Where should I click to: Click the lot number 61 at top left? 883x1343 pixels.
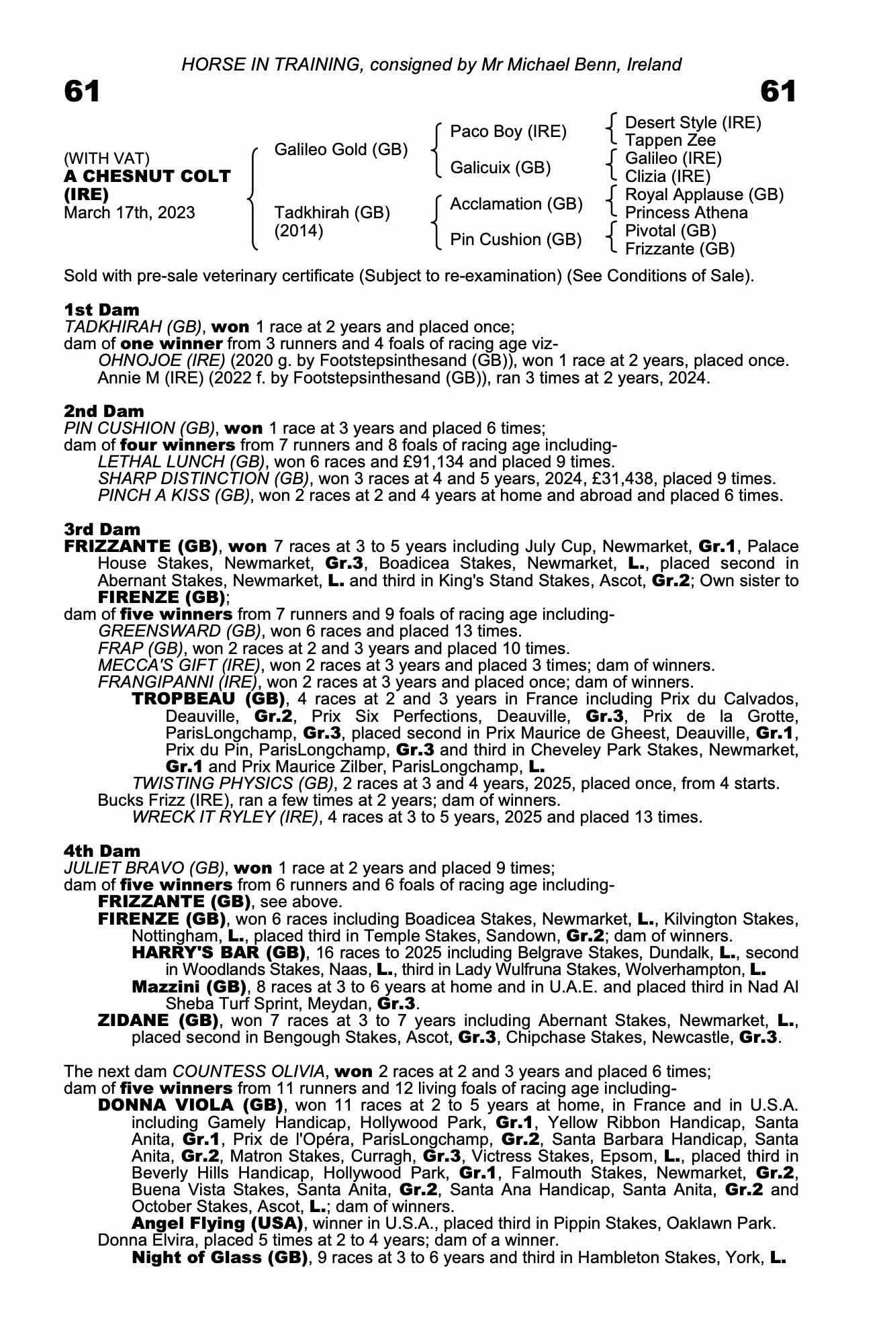(x=82, y=91)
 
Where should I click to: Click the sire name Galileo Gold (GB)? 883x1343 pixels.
(x=341, y=150)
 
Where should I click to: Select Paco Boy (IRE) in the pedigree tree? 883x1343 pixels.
(x=508, y=132)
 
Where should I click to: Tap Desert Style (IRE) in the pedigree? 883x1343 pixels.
(x=693, y=123)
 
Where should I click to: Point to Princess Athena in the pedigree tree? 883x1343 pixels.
(x=686, y=213)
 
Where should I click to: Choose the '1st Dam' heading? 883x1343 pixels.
(x=102, y=310)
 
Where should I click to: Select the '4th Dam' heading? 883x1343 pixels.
(x=103, y=851)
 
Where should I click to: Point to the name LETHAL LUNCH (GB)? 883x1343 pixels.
(x=181, y=462)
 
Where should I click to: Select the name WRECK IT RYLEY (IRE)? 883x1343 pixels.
(x=225, y=817)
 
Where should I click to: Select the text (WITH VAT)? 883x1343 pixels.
(x=107, y=158)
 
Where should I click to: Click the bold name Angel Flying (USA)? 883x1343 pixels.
(x=217, y=1223)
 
